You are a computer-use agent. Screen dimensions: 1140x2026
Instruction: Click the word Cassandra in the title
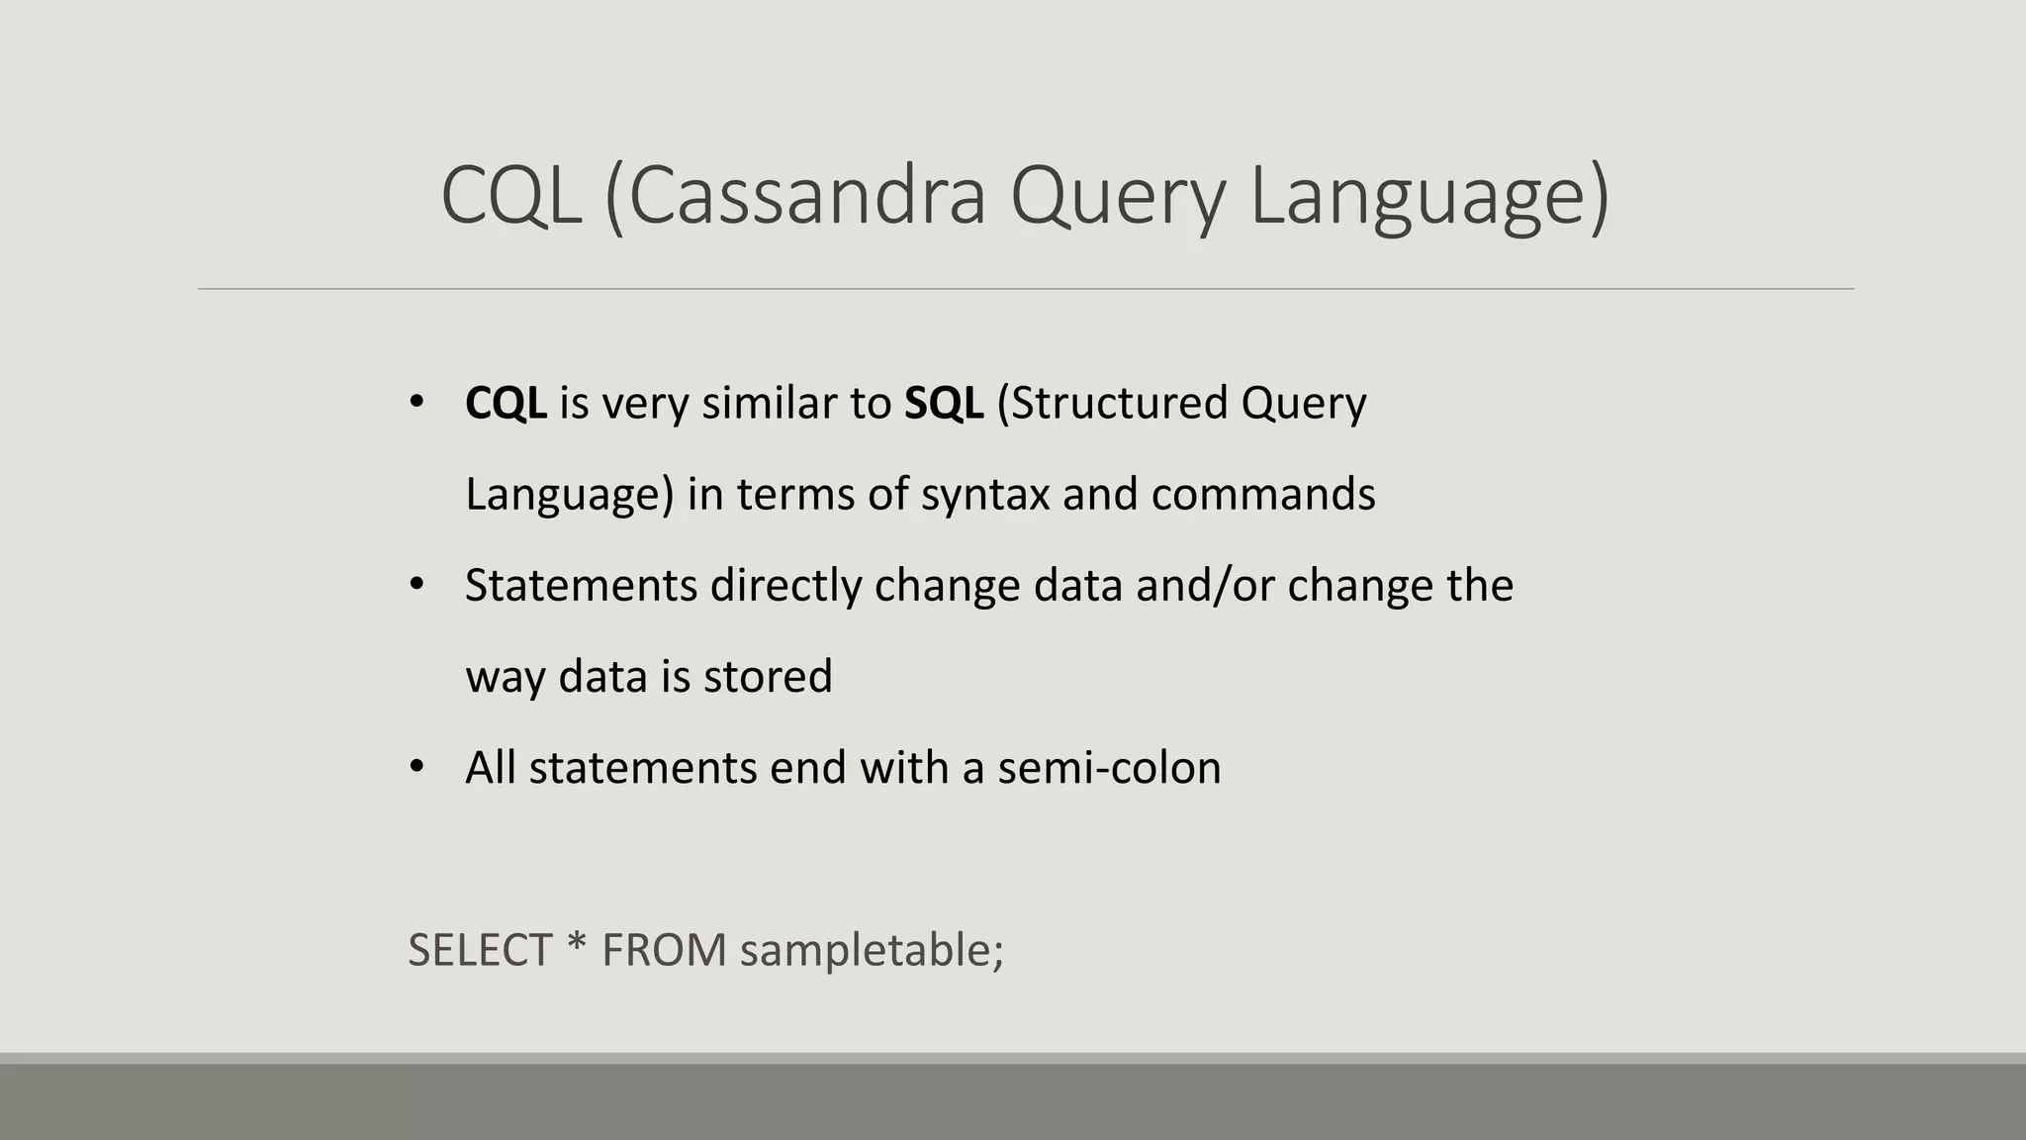tap(806, 196)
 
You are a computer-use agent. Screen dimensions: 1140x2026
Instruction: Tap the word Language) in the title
tap(1428, 196)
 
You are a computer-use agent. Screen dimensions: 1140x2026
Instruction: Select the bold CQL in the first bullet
tap(506, 403)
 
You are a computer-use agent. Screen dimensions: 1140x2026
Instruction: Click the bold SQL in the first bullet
tap(943, 403)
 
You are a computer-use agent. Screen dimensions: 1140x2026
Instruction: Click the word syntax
tap(984, 495)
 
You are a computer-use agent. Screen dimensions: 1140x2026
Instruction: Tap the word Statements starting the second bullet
tap(581, 585)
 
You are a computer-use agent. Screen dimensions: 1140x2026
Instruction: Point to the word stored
tap(768, 677)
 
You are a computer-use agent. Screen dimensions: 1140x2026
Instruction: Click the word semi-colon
tap(1108, 768)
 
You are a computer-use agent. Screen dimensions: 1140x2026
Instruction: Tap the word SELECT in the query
tap(480, 950)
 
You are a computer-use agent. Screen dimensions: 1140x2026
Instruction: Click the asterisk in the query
tap(576, 946)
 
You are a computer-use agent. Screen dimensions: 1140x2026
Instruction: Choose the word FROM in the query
tap(664, 950)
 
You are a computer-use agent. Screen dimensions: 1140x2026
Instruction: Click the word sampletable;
tap(872, 950)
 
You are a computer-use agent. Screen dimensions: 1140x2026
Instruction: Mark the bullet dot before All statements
tap(416, 767)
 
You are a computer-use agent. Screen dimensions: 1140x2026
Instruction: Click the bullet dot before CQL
tap(416, 403)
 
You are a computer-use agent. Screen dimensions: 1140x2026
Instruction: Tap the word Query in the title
tap(1118, 196)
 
